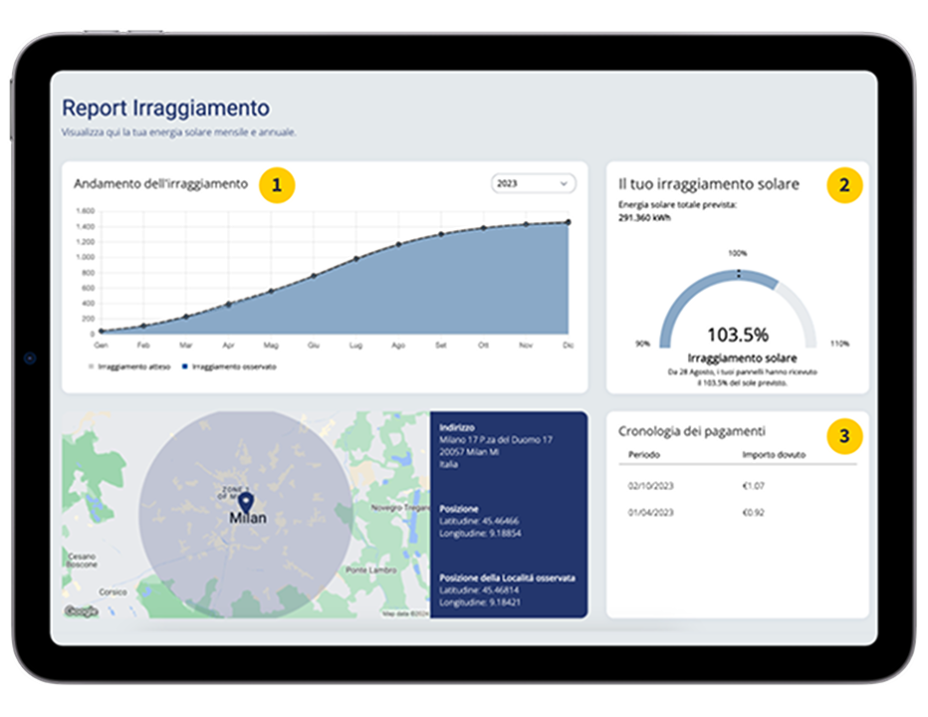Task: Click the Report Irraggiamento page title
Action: point(165,108)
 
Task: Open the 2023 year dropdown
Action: point(534,183)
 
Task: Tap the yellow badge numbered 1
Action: point(277,184)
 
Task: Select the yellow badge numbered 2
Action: point(844,184)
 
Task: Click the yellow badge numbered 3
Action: point(844,435)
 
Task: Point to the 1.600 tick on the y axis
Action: point(85,211)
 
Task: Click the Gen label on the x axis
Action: point(101,345)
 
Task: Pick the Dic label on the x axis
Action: point(569,345)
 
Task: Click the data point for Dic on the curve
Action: point(569,222)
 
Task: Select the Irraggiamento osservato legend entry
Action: point(230,366)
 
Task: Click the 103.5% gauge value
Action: point(737,335)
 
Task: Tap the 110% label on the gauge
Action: point(839,344)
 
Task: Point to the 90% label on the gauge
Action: point(643,344)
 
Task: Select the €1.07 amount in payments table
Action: point(754,486)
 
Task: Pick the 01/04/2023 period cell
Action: point(650,513)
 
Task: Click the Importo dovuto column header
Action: point(774,455)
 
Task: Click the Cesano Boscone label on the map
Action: point(82,560)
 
